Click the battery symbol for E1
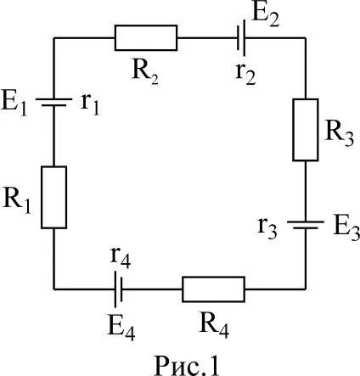[53, 102]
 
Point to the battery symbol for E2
[241, 37]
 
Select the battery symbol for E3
[306, 225]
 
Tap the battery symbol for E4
[118, 289]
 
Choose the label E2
[265, 14]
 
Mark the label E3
[346, 229]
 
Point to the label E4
[121, 328]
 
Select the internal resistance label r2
[245, 74]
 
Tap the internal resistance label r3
[267, 229]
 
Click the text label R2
[145, 73]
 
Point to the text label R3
[340, 134]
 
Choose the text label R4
[214, 326]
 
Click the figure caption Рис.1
[187, 364]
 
